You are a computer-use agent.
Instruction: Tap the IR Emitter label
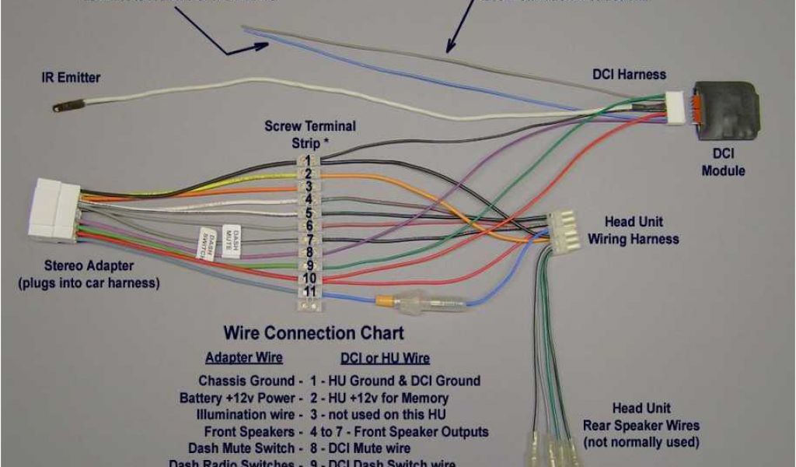[x=71, y=78]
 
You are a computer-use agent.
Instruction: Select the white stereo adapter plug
[x=54, y=208]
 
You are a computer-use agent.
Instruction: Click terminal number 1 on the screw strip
[x=309, y=160]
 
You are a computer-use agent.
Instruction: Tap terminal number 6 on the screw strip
[x=309, y=226]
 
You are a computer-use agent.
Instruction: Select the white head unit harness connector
[x=563, y=230]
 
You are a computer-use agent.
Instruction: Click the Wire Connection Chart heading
[x=314, y=333]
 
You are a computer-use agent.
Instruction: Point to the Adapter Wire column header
[x=243, y=359]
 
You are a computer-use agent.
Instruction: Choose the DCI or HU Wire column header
[x=385, y=359]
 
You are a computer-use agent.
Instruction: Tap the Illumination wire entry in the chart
[x=246, y=415]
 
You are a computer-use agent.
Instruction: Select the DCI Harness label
[x=630, y=75]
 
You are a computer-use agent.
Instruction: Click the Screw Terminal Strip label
[x=309, y=134]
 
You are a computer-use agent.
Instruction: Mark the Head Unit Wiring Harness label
[x=634, y=230]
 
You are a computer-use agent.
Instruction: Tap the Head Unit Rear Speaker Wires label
[x=641, y=425]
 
